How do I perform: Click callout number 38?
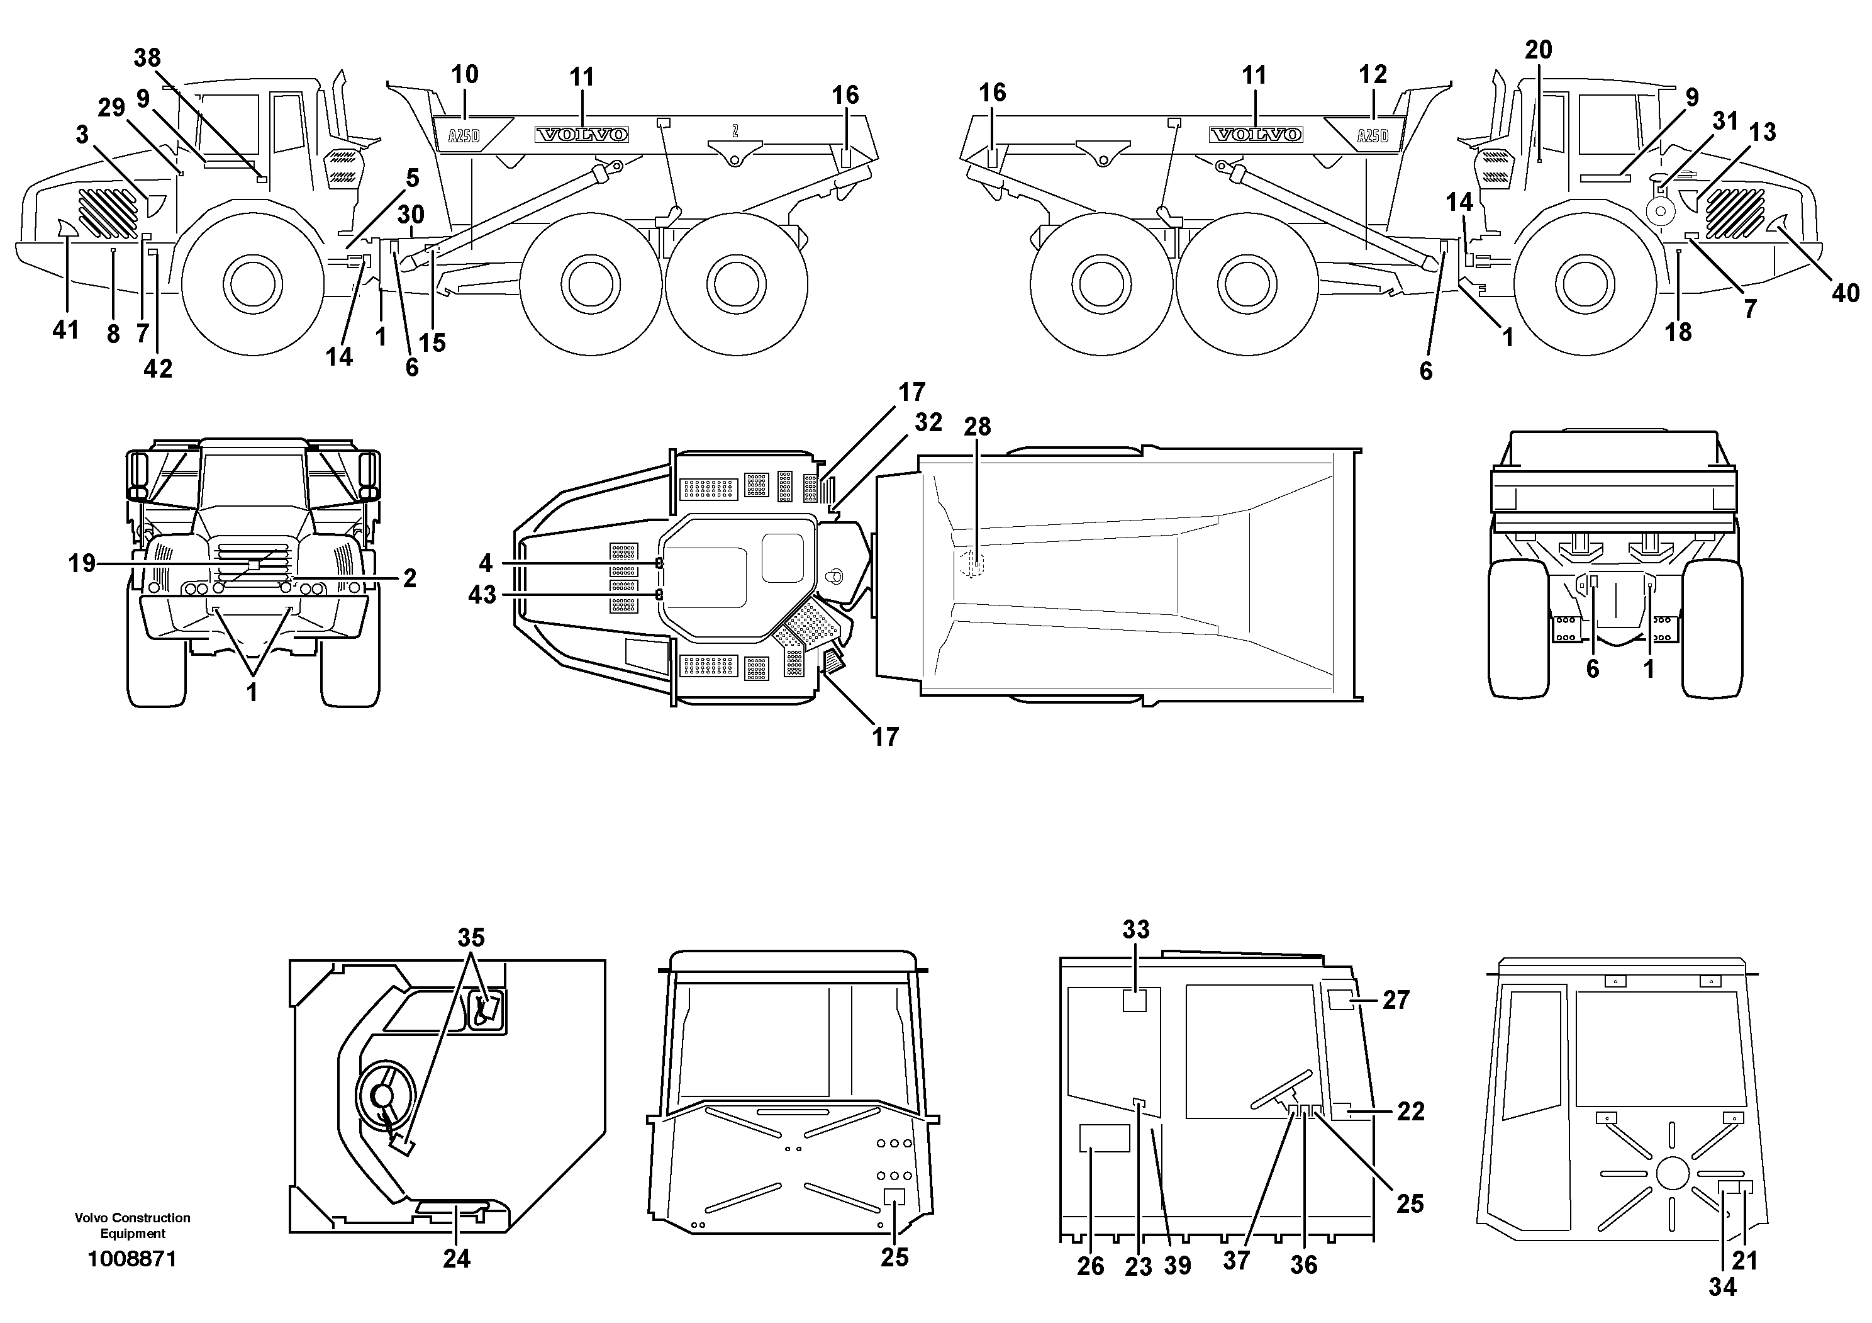pyautogui.click(x=148, y=58)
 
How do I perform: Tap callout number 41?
pyautogui.click(x=65, y=330)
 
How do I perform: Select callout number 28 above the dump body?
pyautogui.click(x=977, y=427)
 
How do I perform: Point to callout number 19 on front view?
pyautogui.click(x=82, y=563)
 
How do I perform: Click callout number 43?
pyautogui.click(x=482, y=595)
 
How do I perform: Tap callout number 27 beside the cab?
pyautogui.click(x=1396, y=1000)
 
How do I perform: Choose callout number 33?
pyautogui.click(x=1136, y=930)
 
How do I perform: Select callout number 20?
pyautogui.click(x=1539, y=50)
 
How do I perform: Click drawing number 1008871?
pyautogui.click(x=132, y=1259)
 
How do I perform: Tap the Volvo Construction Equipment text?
pyautogui.click(x=132, y=1225)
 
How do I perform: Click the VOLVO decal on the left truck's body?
pyautogui.click(x=581, y=135)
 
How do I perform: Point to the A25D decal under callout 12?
pyautogui.click(x=1372, y=135)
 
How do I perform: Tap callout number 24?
pyautogui.click(x=457, y=1259)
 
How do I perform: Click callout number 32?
pyautogui.click(x=928, y=422)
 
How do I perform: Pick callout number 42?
pyautogui.click(x=158, y=369)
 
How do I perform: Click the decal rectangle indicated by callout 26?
pyautogui.click(x=1104, y=1138)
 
